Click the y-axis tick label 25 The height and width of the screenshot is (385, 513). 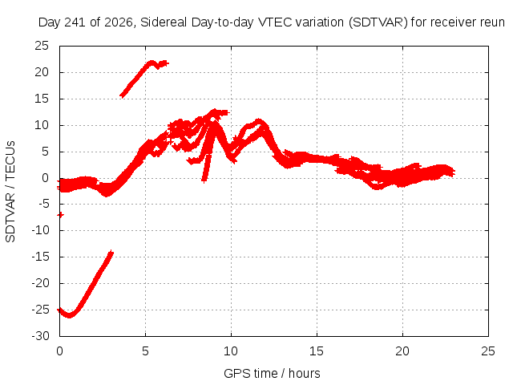[x=42, y=46]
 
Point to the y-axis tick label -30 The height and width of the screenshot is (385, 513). [x=40, y=336]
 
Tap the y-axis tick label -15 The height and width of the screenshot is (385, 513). [x=40, y=257]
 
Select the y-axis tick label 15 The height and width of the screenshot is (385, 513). [x=42, y=99]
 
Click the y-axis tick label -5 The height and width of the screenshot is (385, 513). [x=43, y=204]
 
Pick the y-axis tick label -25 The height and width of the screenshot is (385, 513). [x=40, y=310]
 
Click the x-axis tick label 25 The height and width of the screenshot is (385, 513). [x=488, y=351]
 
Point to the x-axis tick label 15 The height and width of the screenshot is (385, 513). [x=317, y=351]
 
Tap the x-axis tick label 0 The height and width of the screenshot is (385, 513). [x=59, y=351]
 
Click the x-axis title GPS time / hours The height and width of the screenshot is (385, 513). [x=272, y=373]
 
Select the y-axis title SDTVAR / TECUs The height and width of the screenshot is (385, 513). [x=10, y=192]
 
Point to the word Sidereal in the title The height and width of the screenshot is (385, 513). [x=164, y=22]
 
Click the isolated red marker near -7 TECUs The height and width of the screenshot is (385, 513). [x=61, y=215]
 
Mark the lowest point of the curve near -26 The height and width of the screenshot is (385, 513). [x=69, y=315]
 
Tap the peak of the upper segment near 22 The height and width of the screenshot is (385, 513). [x=151, y=63]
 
